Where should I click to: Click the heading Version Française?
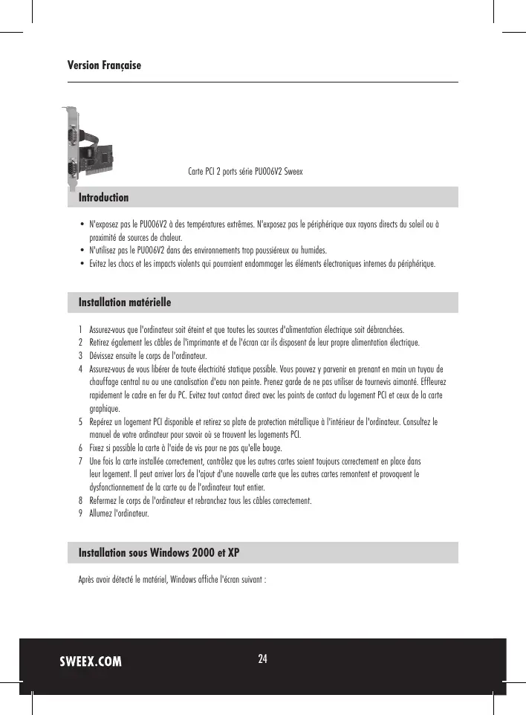point(104,66)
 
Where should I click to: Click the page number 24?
point(263,659)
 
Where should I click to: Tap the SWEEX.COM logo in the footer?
point(91,661)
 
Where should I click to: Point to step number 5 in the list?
point(80,422)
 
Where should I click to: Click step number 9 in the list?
point(80,514)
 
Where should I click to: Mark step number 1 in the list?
point(80,329)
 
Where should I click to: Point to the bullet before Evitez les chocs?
point(81,264)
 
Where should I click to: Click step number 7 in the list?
point(80,462)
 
